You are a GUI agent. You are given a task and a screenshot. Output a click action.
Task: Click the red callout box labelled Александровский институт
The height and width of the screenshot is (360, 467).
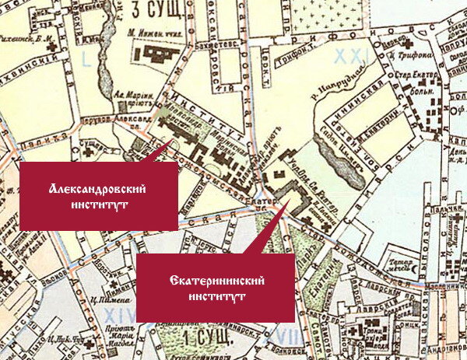[98, 195]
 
